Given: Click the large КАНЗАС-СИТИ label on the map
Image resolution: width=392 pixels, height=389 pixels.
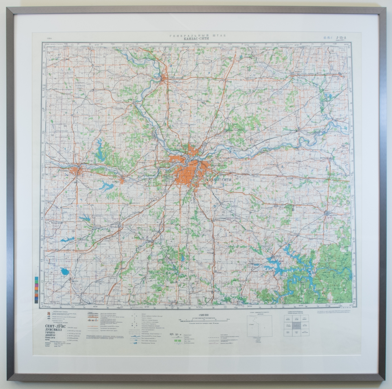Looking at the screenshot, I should [219, 180].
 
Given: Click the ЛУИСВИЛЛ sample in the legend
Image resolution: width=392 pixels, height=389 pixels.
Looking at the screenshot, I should [55, 330].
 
